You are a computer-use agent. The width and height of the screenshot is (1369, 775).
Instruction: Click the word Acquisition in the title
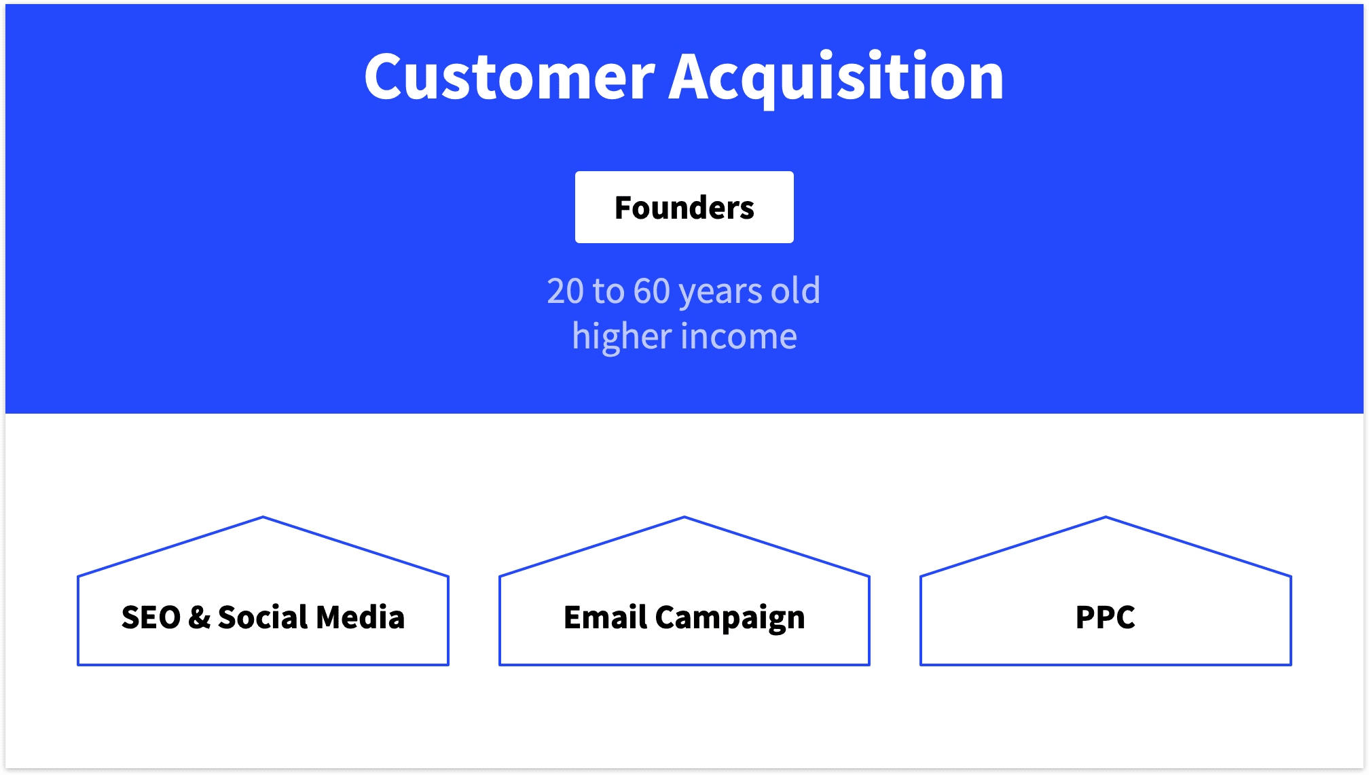tap(836, 77)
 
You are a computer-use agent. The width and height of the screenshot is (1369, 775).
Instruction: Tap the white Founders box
tap(684, 207)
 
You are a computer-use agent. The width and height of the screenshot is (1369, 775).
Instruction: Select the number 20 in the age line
tap(565, 291)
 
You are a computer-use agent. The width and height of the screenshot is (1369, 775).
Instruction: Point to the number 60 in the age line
tap(652, 291)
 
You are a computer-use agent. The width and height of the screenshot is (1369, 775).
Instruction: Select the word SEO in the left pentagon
tap(151, 617)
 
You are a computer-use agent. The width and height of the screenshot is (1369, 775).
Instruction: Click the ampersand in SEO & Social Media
tap(199, 617)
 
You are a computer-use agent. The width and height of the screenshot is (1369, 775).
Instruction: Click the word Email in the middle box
tap(605, 617)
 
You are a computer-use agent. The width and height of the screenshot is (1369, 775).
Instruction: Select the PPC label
tap(1105, 617)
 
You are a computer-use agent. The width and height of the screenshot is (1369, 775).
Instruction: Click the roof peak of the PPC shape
tap(1106, 518)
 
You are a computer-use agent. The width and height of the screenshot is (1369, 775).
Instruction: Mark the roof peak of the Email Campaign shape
tap(684, 518)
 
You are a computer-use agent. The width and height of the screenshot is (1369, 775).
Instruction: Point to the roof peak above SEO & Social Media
tap(263, 518)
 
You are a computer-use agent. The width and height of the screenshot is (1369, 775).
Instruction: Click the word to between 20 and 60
tap(608, 291)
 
